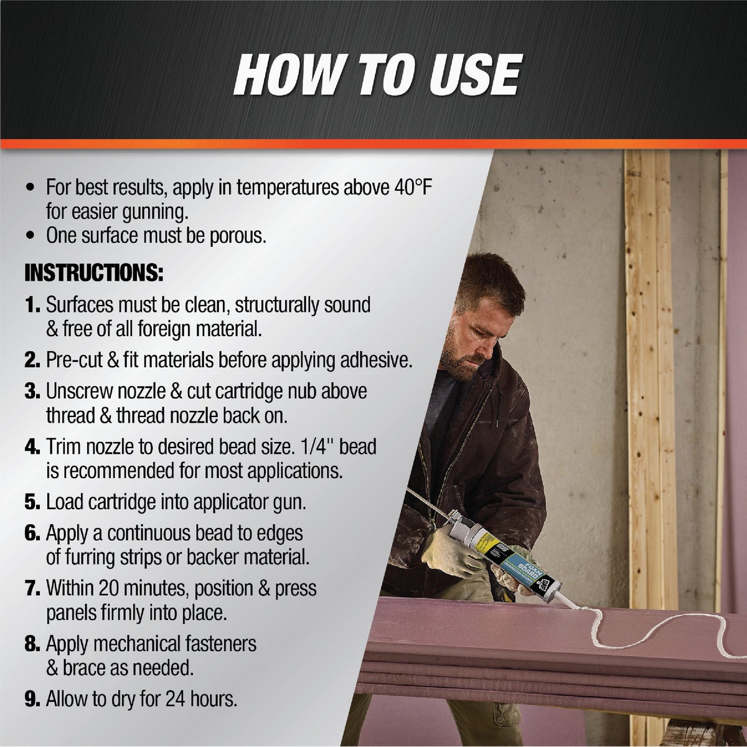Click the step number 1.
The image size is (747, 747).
pyautogui.click(x=32, y=306)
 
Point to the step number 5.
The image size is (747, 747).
pyautogui.click(x=32, y=502)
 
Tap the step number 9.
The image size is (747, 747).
pyautogui.click(x=32, y=699)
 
